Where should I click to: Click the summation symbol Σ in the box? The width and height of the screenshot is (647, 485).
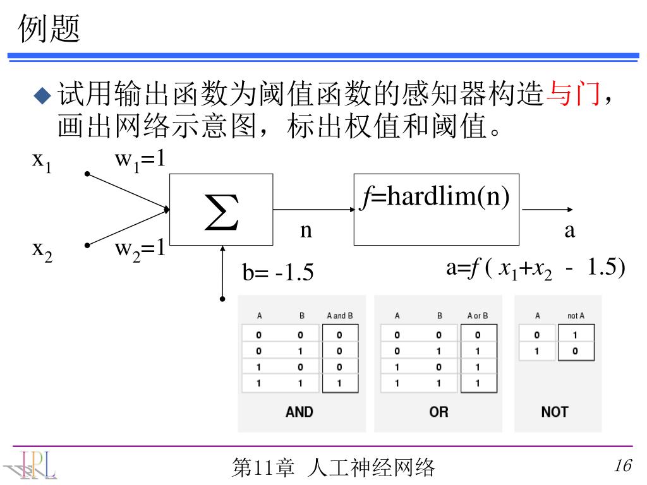(222, 213)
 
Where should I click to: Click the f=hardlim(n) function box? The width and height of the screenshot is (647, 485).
(436, 209)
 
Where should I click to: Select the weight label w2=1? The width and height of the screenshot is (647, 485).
(140, 248)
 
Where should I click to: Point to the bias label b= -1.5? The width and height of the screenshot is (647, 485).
(278, 273)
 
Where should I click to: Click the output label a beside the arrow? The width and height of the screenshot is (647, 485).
(570, 231)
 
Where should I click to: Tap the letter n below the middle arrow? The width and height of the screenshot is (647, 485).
(306, 231)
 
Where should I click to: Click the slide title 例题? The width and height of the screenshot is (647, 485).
(49, 29)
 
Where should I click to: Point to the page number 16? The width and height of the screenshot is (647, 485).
(622, 466)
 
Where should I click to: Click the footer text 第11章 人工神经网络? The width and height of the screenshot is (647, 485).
(334, 467)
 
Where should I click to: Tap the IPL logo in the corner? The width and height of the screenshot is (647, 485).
(32, 465)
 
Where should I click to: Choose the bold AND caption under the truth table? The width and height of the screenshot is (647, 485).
(299, 412)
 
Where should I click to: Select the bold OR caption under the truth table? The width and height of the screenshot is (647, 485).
(438, 412)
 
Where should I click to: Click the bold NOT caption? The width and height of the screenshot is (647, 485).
(554, 412)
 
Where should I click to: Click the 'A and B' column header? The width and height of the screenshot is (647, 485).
(339, 315)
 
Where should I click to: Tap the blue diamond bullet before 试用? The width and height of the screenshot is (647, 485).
(41, 96)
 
